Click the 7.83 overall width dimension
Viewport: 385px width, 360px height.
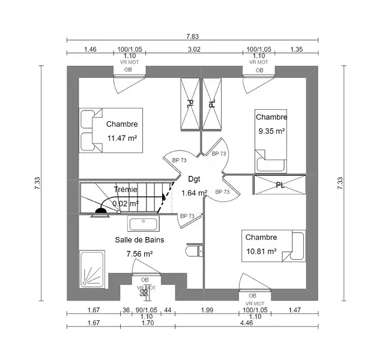192,37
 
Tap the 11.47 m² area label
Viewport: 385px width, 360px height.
122,138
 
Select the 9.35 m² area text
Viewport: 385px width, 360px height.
271,131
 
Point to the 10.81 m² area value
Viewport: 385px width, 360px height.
261,251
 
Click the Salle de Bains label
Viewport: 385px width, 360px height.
139,239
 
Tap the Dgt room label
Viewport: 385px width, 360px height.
194,179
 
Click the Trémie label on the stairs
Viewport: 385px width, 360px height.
126,190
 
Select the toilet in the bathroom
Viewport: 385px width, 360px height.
194,251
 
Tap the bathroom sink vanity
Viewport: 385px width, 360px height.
143,224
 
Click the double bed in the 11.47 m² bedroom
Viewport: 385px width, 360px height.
111,130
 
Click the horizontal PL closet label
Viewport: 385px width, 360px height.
280,185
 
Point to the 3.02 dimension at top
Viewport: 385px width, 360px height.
194,49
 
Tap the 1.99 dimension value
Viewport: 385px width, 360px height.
207,310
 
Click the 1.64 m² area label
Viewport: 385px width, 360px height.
194,193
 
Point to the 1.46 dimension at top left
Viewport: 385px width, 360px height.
91,49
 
